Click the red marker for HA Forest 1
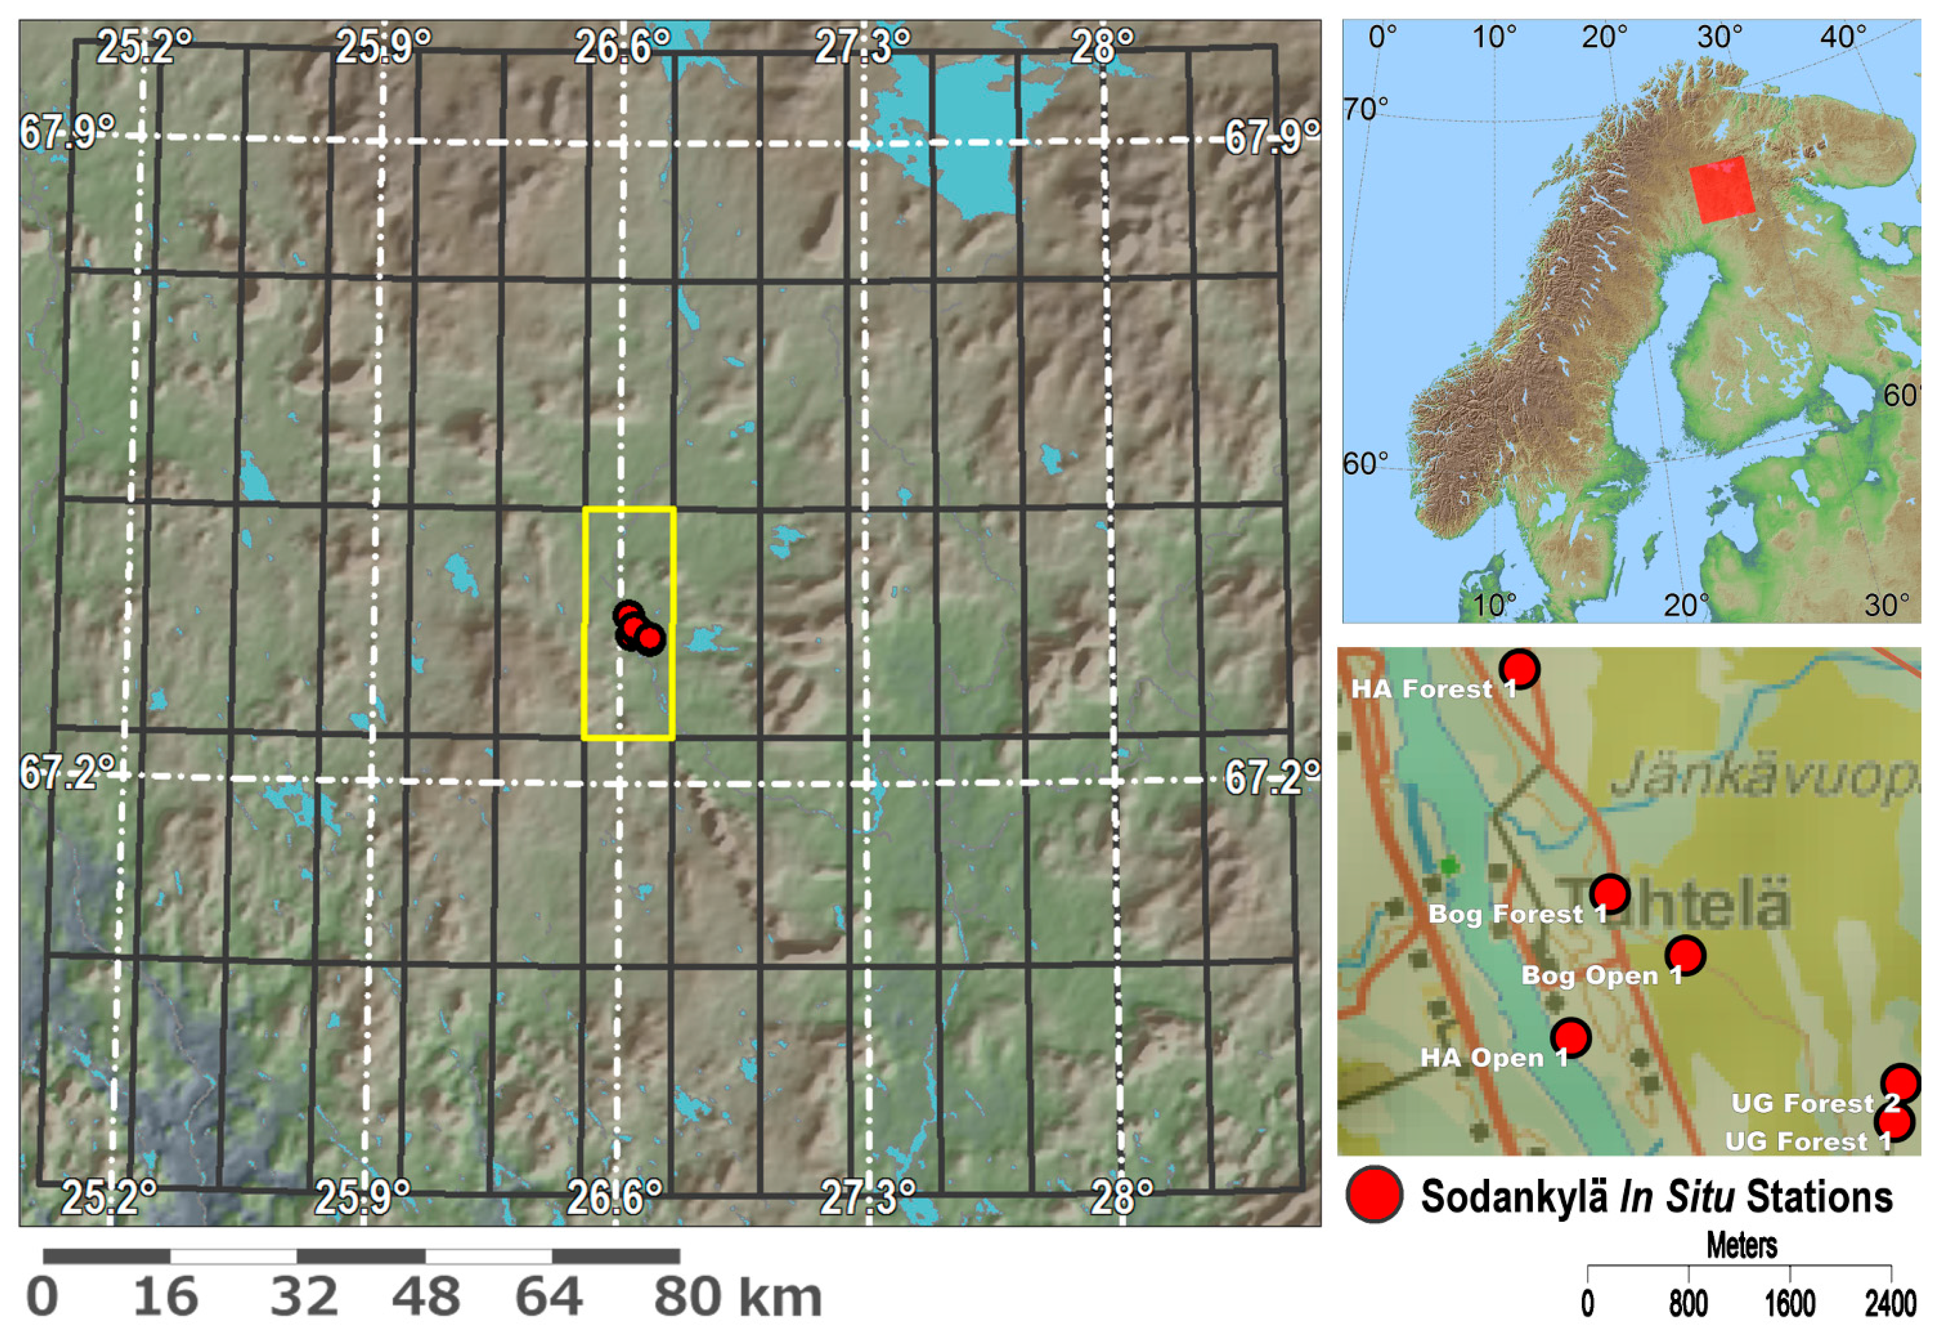pyautogui.click(x=1519, y=669)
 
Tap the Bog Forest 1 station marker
pyautogui.click(x=1608, y=894)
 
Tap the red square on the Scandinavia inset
pyautogui.click(x=1721, y=189)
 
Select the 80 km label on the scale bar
pyautogui.click(x=737, y=1298)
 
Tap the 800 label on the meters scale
pyautogui.click(x=1689, y=1304)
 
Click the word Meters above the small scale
pyautogui.click(x=1742, y=1246)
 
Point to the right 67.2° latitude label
pyautogui.click(x=1271, y=779)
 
